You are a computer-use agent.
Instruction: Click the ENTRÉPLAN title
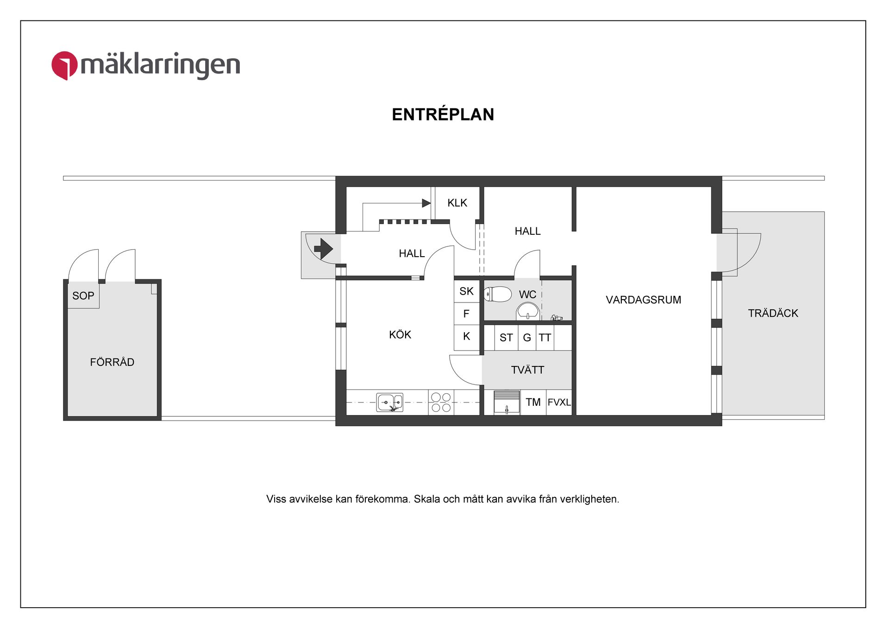pyautogui.click(x=443, y=114)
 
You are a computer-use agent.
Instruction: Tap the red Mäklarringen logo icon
pyautogui.click(x=64, y=65)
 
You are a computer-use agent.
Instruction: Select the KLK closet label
pyautogui.click(x=457, y=203)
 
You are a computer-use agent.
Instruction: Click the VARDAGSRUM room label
pyautogui.click(x=643, y=300)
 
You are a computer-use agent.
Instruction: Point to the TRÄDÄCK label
pyautogui.click(x=773, y=313)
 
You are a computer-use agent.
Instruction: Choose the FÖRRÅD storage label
pyautogui.click(x=112, y=362)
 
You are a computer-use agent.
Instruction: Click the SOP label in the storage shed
pyautogui.click(x=83, y=296)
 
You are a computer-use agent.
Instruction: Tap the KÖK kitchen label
pyautogui.click(x=400, y=335)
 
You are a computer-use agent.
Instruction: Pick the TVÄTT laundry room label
pyautogui.click(x=527, y=370)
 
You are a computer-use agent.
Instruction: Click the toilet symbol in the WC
pyautogui.click(x=498, y=294)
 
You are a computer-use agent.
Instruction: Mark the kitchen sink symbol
pyautogui.click(x=389, y=403)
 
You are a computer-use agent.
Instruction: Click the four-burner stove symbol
pyautogui.click(x=441, y=403)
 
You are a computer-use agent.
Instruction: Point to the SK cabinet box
pyautogui.click(x=466, y=291)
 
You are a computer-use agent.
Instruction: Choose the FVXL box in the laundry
pyautogui.click(x=559, y=402)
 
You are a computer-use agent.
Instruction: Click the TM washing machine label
pyautogui.click(x=533, y=402)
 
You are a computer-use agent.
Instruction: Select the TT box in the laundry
pyautogui.click(x=545, y=338)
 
